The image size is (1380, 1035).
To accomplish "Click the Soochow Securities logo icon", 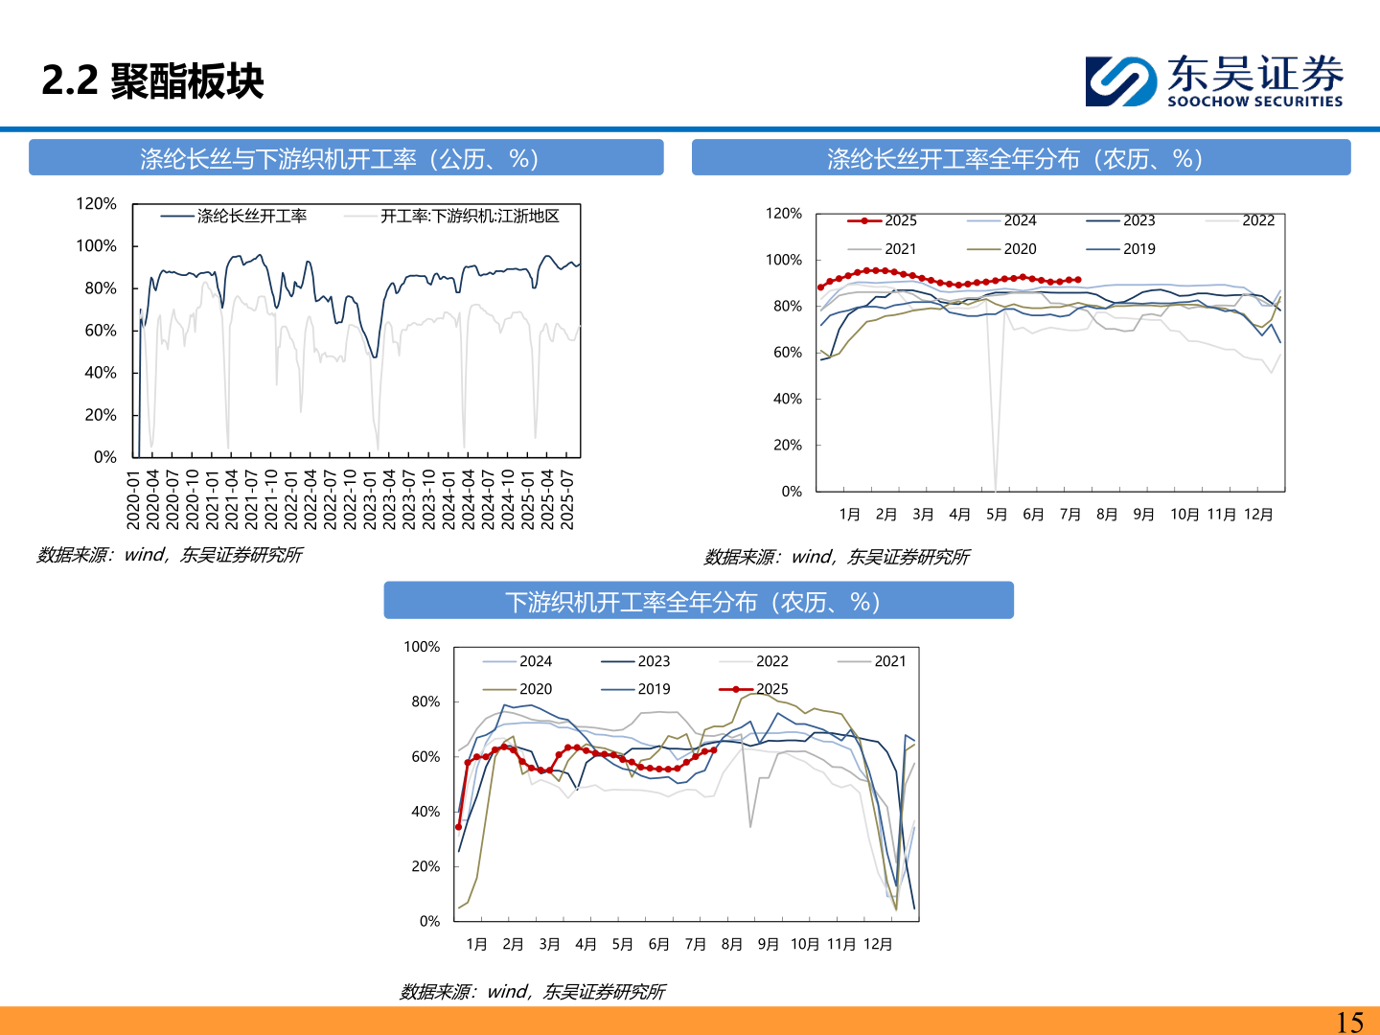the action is point(1121,81).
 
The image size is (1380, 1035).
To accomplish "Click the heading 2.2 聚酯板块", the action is point(152,81).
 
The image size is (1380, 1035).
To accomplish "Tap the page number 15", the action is point(1349,1022).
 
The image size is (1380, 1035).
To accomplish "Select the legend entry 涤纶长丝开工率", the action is point(233,217).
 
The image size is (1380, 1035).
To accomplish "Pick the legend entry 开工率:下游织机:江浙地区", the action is point(451,217).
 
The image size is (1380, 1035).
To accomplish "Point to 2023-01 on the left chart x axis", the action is point(370,499).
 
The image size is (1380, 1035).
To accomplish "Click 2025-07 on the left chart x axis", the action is point(567,499).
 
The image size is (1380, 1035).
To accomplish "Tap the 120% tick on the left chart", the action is point(96,203).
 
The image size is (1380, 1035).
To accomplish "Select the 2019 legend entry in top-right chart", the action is point(1121,249).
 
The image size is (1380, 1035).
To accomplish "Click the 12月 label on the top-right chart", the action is point(1258,515).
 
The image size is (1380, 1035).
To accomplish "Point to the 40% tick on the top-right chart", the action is point(788,399).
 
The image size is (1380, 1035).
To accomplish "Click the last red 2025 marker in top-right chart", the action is point(1078,280).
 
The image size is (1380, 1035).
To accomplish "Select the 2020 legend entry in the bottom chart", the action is point(517,689).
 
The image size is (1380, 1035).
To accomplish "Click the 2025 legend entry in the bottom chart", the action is point(753,689).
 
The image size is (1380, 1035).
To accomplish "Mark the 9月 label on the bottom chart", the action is point(769,945).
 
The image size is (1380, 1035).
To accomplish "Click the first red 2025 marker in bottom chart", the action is point(458,827).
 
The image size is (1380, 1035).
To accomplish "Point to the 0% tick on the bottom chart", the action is point(430,921).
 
